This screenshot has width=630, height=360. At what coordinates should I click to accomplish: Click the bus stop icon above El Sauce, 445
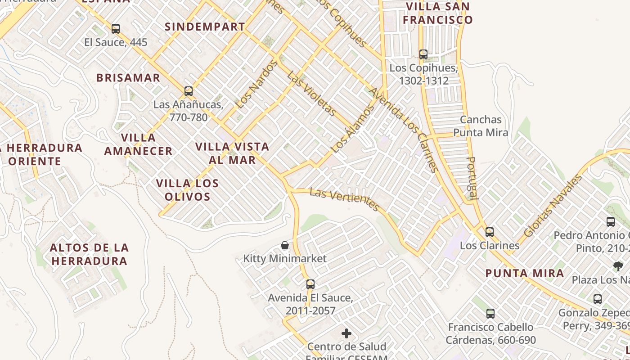tap(116, 29)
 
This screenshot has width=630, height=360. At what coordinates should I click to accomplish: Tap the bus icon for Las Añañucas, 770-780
tap(189, 91)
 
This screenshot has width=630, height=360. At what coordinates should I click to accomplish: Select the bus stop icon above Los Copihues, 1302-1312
tap(423, 54)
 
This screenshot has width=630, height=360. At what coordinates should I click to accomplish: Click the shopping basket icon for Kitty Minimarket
tap(285, 245)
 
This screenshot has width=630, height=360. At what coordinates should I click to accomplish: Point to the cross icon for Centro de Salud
tap(346, 333)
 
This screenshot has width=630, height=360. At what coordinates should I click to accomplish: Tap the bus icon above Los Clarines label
tap(489, 232)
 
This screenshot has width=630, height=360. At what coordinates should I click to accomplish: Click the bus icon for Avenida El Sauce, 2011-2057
tap(310, 284)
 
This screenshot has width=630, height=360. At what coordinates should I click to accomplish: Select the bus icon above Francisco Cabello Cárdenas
tap(490, 314)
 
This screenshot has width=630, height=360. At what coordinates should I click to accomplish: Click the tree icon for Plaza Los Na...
tap(618, 266)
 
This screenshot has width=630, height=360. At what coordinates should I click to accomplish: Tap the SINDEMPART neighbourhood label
tap(205, 27)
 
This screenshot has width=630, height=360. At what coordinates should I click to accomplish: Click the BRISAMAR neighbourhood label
tap(128, 78)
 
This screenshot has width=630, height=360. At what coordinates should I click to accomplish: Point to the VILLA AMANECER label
tap(138, 144)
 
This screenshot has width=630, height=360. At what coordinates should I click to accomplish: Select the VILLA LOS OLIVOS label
tap(187, 190)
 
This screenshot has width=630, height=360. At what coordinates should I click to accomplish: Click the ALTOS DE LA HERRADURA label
tap(89, 254)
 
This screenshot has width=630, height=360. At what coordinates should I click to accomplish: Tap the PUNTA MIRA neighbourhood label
tap(525, 273)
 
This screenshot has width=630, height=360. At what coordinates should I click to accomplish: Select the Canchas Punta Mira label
tap(481, 126)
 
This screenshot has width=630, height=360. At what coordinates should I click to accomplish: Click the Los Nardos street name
tap(257, 85)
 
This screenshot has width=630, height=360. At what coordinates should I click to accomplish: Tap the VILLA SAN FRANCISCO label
tap(437, 13)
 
